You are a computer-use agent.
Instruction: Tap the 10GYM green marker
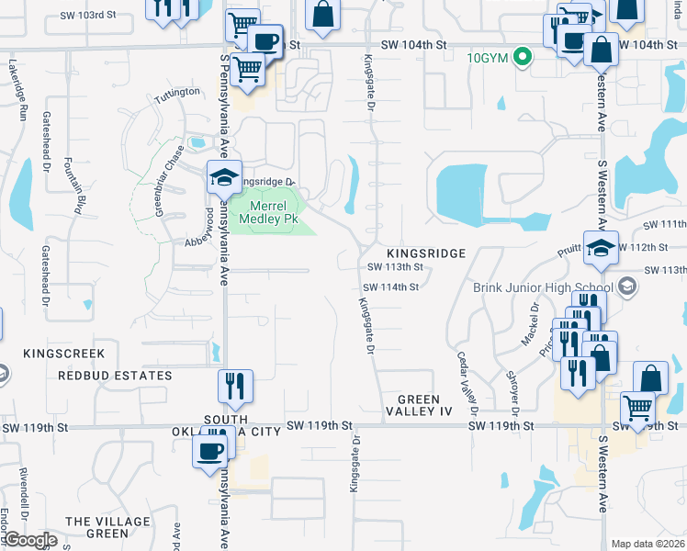click(x=524, y=57)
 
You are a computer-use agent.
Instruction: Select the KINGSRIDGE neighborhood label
click(x=427, y=253)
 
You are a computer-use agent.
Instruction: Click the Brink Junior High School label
click(x=544, y=287)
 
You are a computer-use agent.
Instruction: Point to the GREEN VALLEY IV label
click(x=426, y=399)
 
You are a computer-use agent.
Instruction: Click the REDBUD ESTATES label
click(x=115, y=376)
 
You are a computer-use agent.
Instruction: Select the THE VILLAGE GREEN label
click(x=107, y=527)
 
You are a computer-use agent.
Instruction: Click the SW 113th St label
click(x=394, y=267)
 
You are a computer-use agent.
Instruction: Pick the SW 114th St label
click(x=393, y=287)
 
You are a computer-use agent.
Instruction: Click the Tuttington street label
click(x=176, y=94)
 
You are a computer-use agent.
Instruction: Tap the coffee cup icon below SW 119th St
click(x=209, y=450)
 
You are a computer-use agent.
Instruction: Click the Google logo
click(x=29, y=540)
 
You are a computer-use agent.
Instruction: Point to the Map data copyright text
click(x=648, y=544)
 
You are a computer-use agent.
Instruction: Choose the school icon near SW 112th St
click(x=601, y=250)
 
